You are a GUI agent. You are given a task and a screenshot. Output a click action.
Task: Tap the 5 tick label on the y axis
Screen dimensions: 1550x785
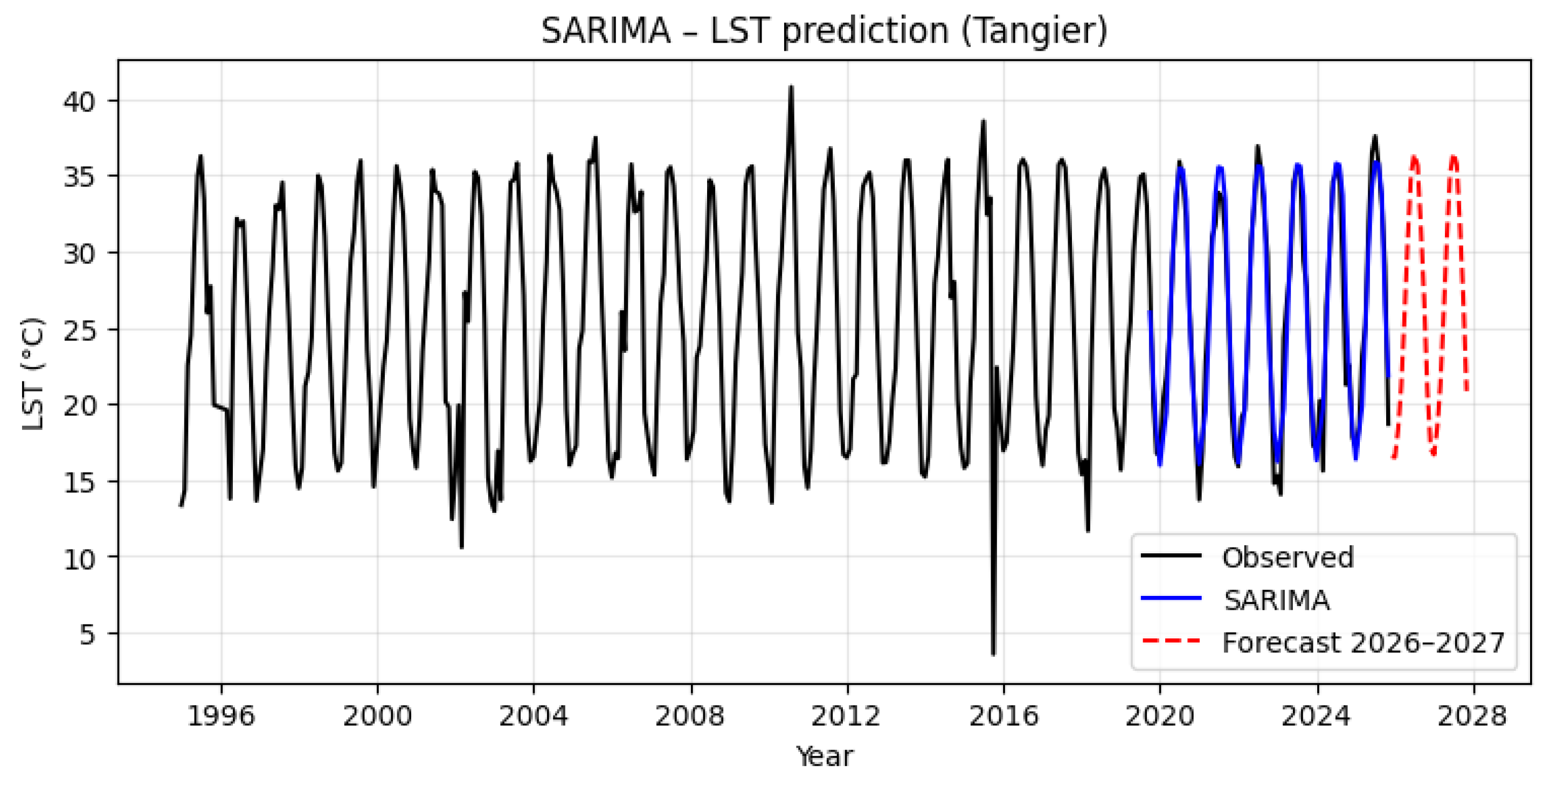(87, 634)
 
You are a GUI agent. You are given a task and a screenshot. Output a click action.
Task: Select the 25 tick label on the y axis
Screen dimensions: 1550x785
(79, 330)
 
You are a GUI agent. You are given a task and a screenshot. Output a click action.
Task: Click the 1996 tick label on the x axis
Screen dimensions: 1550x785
(221, 716)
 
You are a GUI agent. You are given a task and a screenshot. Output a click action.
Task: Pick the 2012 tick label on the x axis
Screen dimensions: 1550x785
(847, 716)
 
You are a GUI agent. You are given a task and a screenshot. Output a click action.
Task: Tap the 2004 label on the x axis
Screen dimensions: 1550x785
(534, 716)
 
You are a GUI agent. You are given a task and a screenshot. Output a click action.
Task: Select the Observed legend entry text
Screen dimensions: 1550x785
(1288, 557)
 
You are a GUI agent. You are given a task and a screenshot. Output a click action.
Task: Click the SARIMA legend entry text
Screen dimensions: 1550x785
(1276, 600)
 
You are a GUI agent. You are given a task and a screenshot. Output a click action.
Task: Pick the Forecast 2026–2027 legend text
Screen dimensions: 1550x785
(1363, 642)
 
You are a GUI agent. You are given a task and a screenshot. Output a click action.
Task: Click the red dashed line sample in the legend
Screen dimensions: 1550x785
(1171, 641)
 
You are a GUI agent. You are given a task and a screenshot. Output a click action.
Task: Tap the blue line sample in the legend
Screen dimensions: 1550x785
(1171, 599)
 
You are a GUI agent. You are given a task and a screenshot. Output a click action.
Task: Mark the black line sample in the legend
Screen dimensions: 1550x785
(1171, 555)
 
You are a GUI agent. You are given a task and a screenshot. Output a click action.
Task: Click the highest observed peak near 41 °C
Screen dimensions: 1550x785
(791, 87)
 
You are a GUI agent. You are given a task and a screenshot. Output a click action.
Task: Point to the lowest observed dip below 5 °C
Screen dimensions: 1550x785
(993, 654)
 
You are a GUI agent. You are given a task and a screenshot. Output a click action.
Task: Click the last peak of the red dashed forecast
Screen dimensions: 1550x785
(1453, 156)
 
